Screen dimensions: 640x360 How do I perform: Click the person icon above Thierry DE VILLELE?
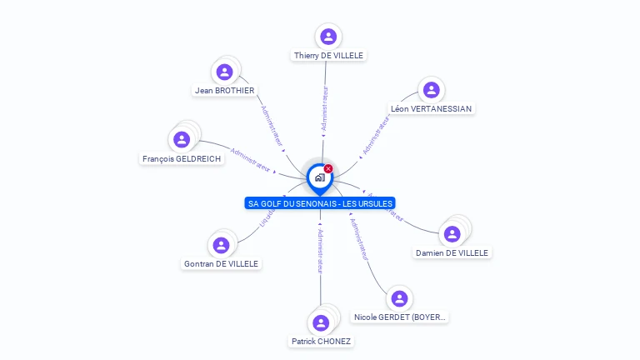(x=328, y=37)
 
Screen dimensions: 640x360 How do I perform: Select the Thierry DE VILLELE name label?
(x=328, y=55)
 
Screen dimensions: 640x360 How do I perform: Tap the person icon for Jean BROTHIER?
(x=224, y=72)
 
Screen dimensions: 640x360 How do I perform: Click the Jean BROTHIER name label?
(x=224, y=90)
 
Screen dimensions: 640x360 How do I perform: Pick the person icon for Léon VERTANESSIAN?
(x=431, y=90)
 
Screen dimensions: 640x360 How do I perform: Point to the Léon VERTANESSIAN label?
(x=431, y=108)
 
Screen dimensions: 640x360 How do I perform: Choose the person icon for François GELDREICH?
(x=182, y=140)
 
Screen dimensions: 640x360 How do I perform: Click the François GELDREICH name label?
(x=182, y=158)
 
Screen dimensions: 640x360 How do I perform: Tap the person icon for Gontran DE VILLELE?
(x=221, y=245)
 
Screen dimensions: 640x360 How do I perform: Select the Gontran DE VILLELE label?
(x=221, y=263)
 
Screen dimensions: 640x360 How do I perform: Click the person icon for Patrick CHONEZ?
(x=321, y=323)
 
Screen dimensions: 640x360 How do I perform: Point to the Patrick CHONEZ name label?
(x=321, y=341)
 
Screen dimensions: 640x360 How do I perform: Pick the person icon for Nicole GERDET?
(x=400, y=298)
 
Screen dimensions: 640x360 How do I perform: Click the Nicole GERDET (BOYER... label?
(x=400, y=317)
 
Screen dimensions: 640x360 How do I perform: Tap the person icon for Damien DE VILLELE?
(x=452, y=234)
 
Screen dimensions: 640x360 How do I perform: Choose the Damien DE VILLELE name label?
(x=452, y=252)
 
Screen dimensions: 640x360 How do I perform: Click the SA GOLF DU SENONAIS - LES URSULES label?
(x=320, y=203)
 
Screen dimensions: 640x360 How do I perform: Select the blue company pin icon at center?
(x=319, y=177)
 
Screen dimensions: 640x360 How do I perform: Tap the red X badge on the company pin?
(x=328, y=169)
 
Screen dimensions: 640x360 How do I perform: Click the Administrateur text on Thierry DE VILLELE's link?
(x=324, y=109)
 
